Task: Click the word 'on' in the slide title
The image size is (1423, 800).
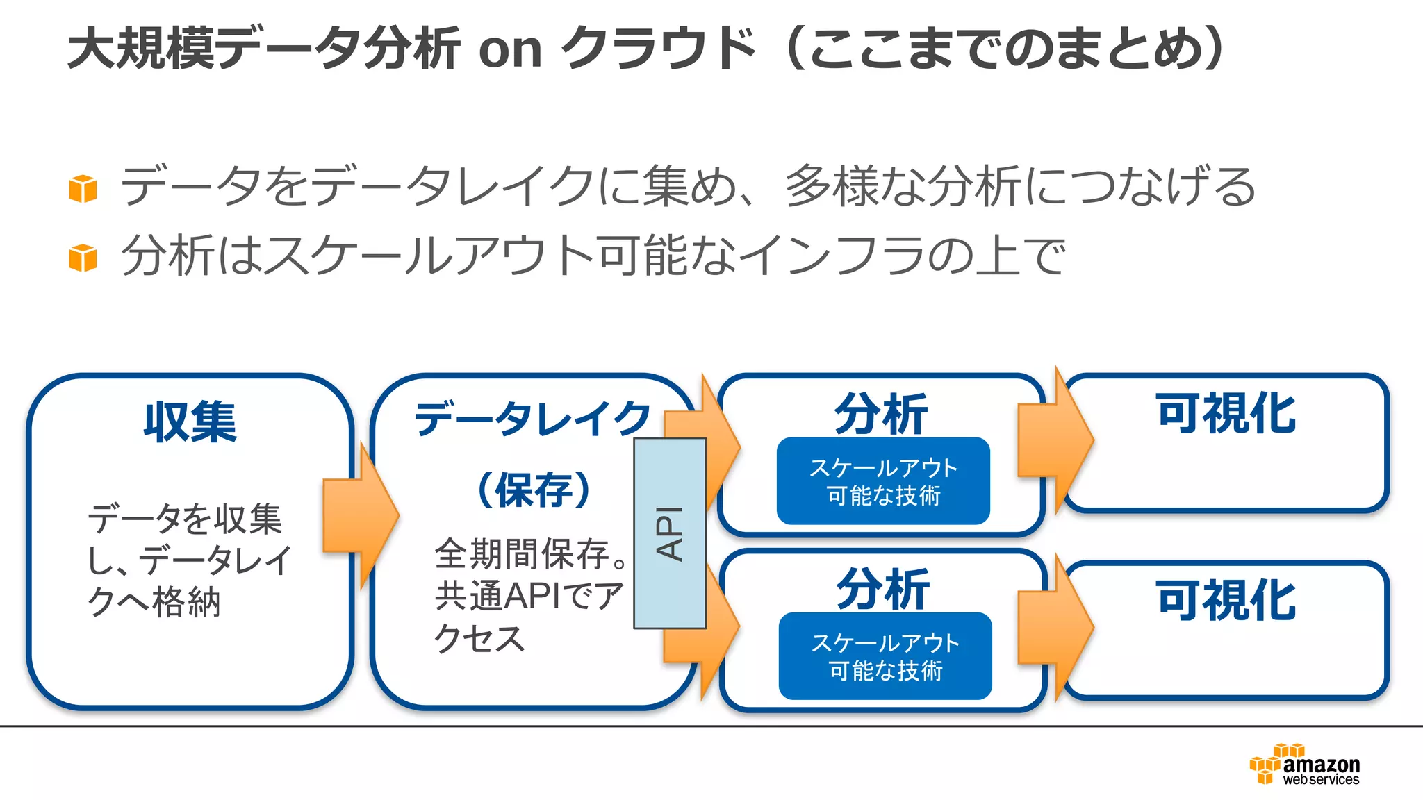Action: point(511,50)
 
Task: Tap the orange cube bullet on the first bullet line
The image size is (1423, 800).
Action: point(83,189)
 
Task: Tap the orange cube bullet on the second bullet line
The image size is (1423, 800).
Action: point(83,258)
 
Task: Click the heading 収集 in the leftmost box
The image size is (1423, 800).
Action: point(190,422)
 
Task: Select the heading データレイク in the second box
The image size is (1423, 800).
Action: point(532,419)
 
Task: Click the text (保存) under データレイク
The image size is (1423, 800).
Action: point(534,490)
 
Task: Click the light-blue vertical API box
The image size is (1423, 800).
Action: point(670,533)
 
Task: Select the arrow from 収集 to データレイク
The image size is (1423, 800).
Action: point(360,515)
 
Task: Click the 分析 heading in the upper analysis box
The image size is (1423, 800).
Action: point(881,414)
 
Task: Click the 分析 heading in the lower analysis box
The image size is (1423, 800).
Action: point(882,589)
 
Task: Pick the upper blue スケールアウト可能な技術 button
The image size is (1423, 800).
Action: point(883,481)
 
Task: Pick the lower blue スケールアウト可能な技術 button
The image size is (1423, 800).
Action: point(885,656)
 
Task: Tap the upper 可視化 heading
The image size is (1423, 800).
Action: point(1226,414)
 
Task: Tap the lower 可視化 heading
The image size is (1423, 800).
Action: point(1226,601)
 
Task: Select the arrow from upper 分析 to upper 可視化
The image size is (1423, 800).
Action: point(1055,440)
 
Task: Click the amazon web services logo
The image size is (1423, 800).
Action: point(1305,765)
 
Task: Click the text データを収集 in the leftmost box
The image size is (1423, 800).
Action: point(185,519)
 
